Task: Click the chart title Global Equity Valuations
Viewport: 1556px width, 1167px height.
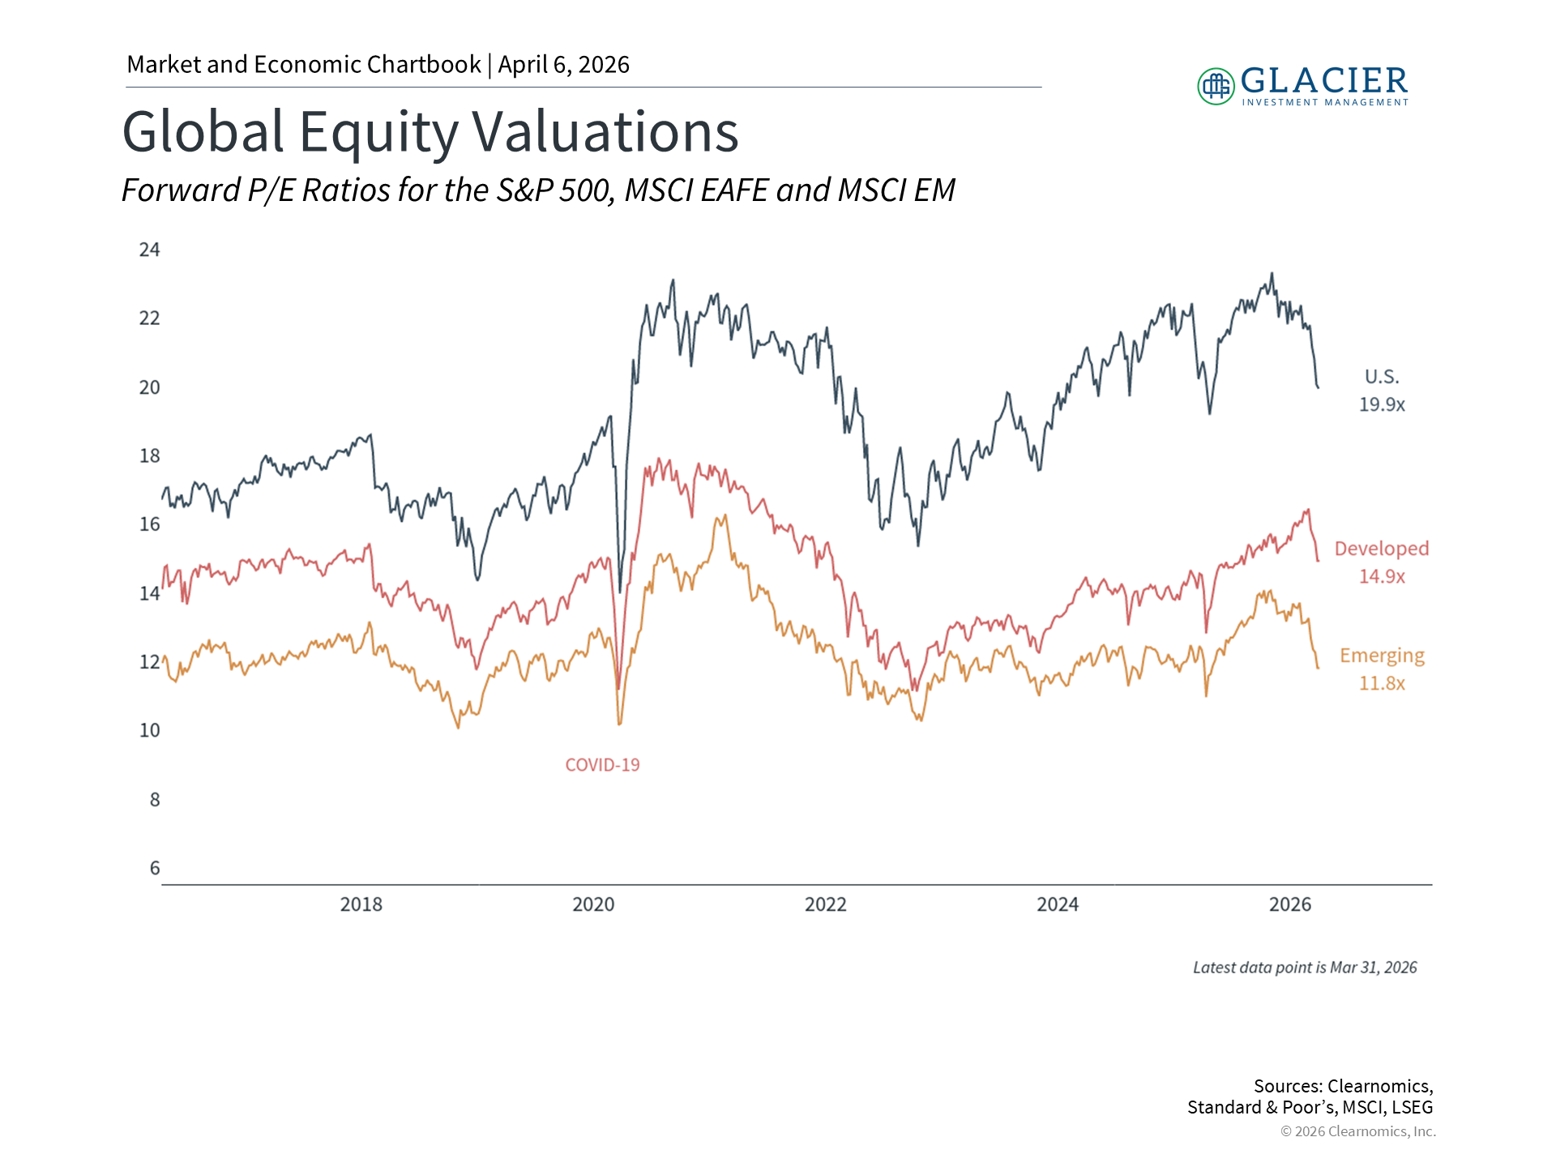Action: point(430,131)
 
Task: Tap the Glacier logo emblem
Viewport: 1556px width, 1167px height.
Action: point(1216,86)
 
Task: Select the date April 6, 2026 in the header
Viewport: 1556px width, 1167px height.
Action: point(563,65)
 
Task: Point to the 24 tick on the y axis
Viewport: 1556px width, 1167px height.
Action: point(150,250)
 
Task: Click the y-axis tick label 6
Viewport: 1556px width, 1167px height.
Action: point(155,868)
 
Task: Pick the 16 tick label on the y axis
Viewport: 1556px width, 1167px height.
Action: point(150,524)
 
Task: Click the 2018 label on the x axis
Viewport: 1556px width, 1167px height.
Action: point(361,904)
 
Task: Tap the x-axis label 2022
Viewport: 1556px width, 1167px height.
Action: point(825,904)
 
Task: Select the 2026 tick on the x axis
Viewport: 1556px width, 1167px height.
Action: point(1289,904)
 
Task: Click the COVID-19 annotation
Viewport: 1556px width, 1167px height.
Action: point(602,765)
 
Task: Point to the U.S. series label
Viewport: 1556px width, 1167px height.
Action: point(1382,377)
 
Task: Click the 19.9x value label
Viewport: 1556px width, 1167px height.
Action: point(1382,404)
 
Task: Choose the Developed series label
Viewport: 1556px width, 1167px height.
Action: point(1382,549)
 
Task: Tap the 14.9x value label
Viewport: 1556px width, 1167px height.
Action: point(1382,576)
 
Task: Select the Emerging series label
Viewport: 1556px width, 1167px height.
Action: point(1382,656)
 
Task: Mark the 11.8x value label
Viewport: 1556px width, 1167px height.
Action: point(1382,683)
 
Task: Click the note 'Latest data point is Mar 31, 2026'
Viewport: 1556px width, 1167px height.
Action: point(1305,968)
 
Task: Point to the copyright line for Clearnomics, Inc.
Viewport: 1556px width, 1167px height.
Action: point(1357,1131)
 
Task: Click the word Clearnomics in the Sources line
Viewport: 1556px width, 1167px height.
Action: point(1379,1086)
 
